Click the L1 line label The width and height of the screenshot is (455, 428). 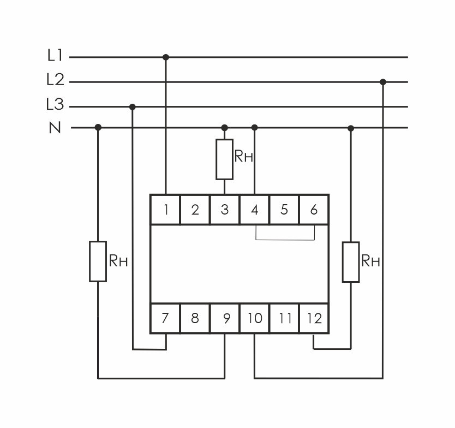coord(55,56)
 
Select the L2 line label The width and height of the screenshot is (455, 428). coord(55,81)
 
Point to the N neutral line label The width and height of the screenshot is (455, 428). coord(55,128)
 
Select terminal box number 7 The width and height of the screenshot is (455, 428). coord(166,318)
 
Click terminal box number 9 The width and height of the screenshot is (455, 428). coord(225,318)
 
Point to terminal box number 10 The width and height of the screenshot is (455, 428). coord(255,318)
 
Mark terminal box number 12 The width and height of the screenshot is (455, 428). coord(314,318)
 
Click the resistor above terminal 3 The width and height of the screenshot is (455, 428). coord(224,159)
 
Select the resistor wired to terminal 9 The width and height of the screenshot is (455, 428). coord(98,261)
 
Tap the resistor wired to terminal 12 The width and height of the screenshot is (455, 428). coord(351,261)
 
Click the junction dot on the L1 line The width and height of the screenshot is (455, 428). coord(166,57)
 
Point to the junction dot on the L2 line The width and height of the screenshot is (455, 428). coord(383,82)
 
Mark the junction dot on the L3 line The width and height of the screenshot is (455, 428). coord(133,106)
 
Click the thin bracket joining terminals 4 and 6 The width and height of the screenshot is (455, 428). coord(285,239)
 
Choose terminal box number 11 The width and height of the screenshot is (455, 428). coord(284,318)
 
